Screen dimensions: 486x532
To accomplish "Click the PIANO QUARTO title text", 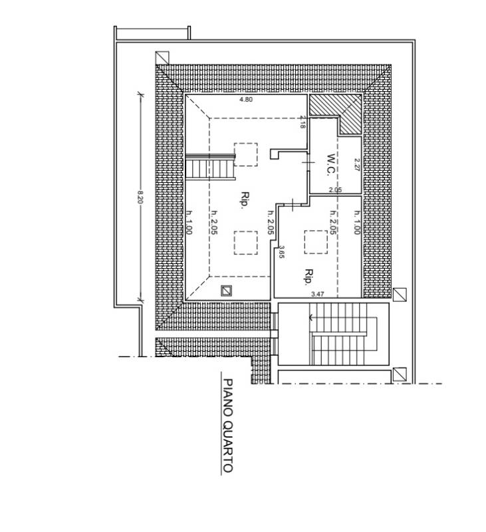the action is tap(228, 426).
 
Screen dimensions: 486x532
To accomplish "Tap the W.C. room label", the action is tap(330, 165).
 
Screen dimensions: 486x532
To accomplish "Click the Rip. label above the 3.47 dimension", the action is tap(308, 277).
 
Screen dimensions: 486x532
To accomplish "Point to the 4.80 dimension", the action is tap(246, 100).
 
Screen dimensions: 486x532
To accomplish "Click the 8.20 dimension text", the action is tap(140, 197).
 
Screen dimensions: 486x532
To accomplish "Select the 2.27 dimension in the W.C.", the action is tap(356, 164).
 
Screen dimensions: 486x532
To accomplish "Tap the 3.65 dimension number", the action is tap(281, 253).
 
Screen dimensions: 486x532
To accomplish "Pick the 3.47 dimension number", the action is tap(317, 295).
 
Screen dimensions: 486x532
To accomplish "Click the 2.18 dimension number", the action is tap(303, 122).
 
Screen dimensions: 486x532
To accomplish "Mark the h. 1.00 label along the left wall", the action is tap(189, 222).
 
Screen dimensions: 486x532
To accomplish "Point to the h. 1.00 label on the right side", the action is tap(357, 222).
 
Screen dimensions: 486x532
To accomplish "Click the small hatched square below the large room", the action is tap(226, 291).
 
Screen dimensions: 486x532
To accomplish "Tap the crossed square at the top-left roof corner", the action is tap(162, 58).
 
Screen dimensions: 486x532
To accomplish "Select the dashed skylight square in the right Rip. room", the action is tap(316, 242).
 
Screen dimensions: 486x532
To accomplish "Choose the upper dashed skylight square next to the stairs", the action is tap(245, 154).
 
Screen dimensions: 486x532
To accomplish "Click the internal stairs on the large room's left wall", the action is tap(210, 166).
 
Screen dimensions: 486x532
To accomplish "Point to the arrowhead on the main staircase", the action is tap(310, 318).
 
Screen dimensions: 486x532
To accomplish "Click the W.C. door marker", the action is tap(308, 162).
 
